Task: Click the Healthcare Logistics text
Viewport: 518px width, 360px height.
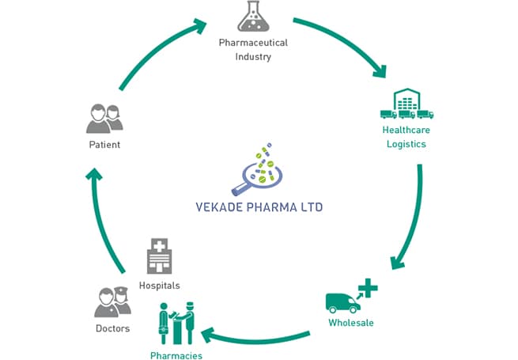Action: pyautogui.click(x=406, y=136)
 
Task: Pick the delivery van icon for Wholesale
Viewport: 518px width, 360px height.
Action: pyautogui.click(x=342, y=301)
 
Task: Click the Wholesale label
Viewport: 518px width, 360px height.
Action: pyautogui.click(x=350, y=323)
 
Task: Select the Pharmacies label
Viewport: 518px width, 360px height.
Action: pyautogui.click(x=176, y=355)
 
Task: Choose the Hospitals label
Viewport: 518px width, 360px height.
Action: pyautogui.click(x=159, y=285)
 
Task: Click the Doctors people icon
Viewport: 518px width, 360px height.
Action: pyautogui.click(x=106, y=301)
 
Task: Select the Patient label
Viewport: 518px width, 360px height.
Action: pyautogui.click(x=104, y=146)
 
